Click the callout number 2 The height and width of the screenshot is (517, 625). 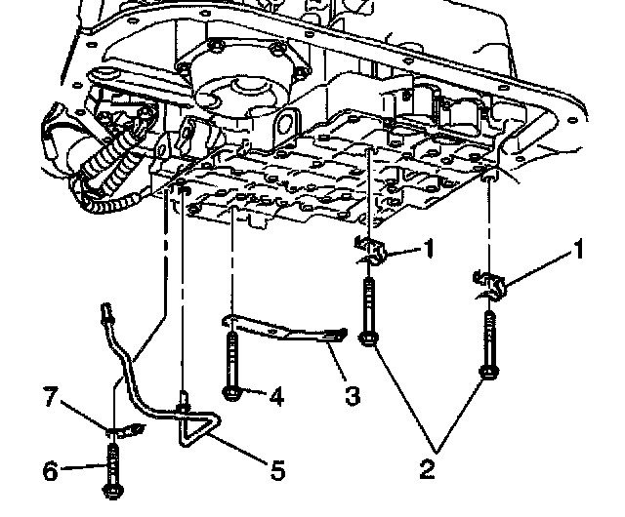426,469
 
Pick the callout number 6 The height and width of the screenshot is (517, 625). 50,470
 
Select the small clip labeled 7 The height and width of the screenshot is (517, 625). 122,427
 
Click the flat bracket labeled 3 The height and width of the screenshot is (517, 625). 283,329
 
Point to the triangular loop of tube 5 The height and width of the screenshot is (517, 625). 194,429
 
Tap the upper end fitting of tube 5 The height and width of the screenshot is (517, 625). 107,312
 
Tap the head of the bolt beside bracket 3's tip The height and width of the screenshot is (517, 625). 369,338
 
